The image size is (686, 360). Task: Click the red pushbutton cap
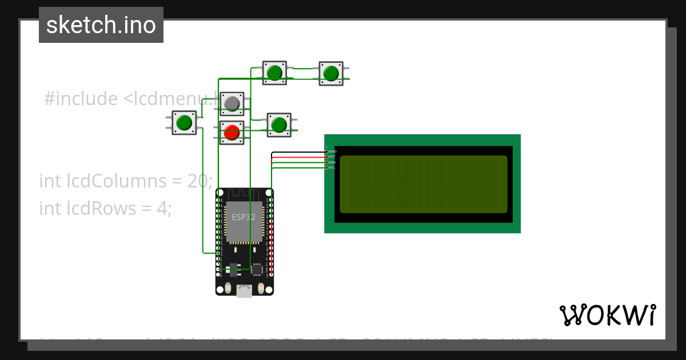tap(232, 133)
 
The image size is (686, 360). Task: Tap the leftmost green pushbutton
tap(184, 123)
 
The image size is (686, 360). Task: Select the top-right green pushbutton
tap(330, 73)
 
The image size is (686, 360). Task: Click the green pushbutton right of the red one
tap(278, 125)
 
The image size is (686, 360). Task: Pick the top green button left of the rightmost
tap(274, 73)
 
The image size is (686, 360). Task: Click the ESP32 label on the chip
tap(244, 217)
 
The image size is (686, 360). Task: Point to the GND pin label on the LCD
tap(332, 151)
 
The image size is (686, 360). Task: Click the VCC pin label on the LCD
tap(332, 157)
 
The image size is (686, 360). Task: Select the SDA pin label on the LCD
tap(332, 162)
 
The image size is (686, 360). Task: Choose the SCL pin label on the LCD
tap(332, 167)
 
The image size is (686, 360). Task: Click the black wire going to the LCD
tap(297, 153)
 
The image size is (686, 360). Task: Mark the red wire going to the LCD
tap(297, 157)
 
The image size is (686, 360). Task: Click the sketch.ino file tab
tap(101, 25)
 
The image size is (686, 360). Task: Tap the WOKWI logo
tap(607, 315)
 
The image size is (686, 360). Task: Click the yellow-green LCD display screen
tap(423, 184)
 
